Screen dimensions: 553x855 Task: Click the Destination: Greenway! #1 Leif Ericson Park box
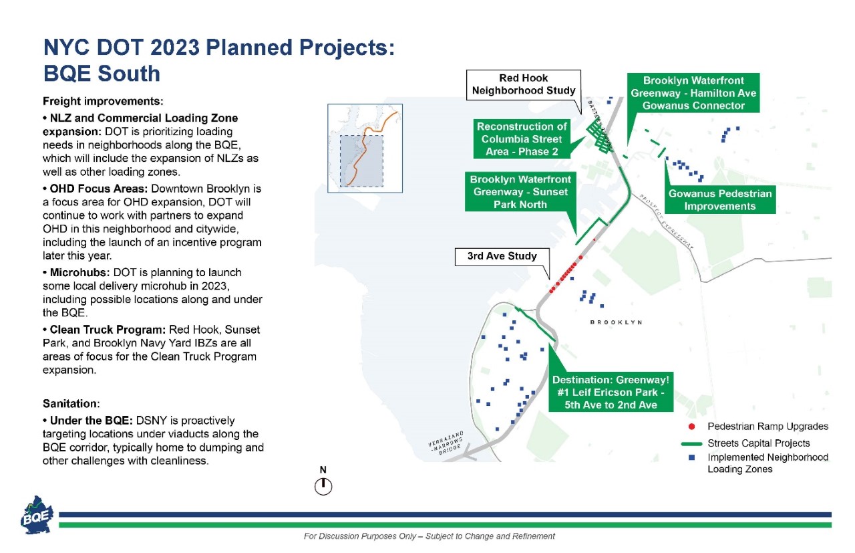tap(611, 393)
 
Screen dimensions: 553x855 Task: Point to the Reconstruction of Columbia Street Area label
tap(521, 139)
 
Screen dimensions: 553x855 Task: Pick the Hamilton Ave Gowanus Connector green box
tap(693, 93)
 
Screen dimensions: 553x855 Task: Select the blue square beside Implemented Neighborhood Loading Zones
tap(693, 458)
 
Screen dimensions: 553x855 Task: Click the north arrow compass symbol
tap(323, 486)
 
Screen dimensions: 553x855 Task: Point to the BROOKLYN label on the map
tap(616, 322)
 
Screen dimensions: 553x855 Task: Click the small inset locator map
tap(365, 148)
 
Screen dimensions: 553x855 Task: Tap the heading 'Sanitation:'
tap(71, 404)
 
